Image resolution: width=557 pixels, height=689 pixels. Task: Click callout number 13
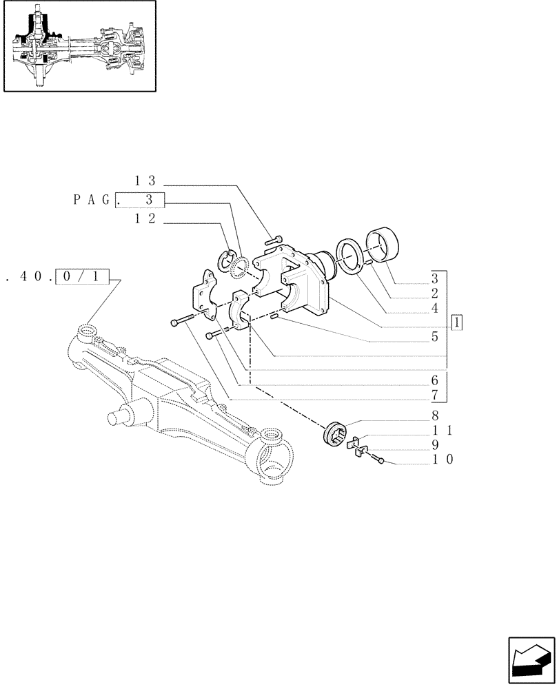145,181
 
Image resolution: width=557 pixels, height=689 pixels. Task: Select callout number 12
145,218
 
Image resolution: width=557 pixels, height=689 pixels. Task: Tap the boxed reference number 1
458,322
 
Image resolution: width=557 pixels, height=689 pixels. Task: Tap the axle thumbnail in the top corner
79,46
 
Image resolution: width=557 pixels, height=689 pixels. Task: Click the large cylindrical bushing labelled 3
387,245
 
